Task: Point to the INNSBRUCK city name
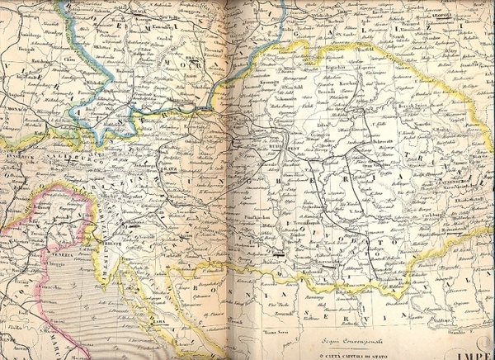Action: tap(16, 154)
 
